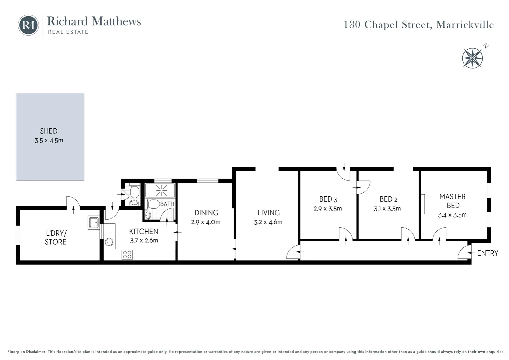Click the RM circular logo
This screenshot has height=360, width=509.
(28, 25)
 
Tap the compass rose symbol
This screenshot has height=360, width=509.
(472, 58)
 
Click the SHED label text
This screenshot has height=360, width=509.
(49, 131)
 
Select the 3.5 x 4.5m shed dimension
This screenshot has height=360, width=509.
(49, 141)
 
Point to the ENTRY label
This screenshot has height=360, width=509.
(488, 253)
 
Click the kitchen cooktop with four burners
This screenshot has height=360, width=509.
(127, 255)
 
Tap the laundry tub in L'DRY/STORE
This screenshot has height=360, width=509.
(94, 222)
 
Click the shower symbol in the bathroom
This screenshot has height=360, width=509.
(161, 190)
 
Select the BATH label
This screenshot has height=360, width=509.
(167, 204)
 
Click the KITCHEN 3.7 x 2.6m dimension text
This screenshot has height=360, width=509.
(144, 241)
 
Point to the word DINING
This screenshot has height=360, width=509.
(206, 213)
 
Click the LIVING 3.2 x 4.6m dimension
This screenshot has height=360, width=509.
(268, 222)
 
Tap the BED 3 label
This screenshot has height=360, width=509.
(328, 199)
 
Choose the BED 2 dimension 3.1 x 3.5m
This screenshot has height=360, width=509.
(387, 209)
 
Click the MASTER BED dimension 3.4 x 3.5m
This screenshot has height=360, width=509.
(452, 215)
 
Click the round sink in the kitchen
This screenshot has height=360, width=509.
(109, 242)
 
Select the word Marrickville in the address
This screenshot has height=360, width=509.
(465, 25)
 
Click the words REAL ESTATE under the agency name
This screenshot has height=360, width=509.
(68, 32)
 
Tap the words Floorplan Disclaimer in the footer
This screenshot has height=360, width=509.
(27, 352)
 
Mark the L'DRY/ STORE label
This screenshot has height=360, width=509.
(56, 237)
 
